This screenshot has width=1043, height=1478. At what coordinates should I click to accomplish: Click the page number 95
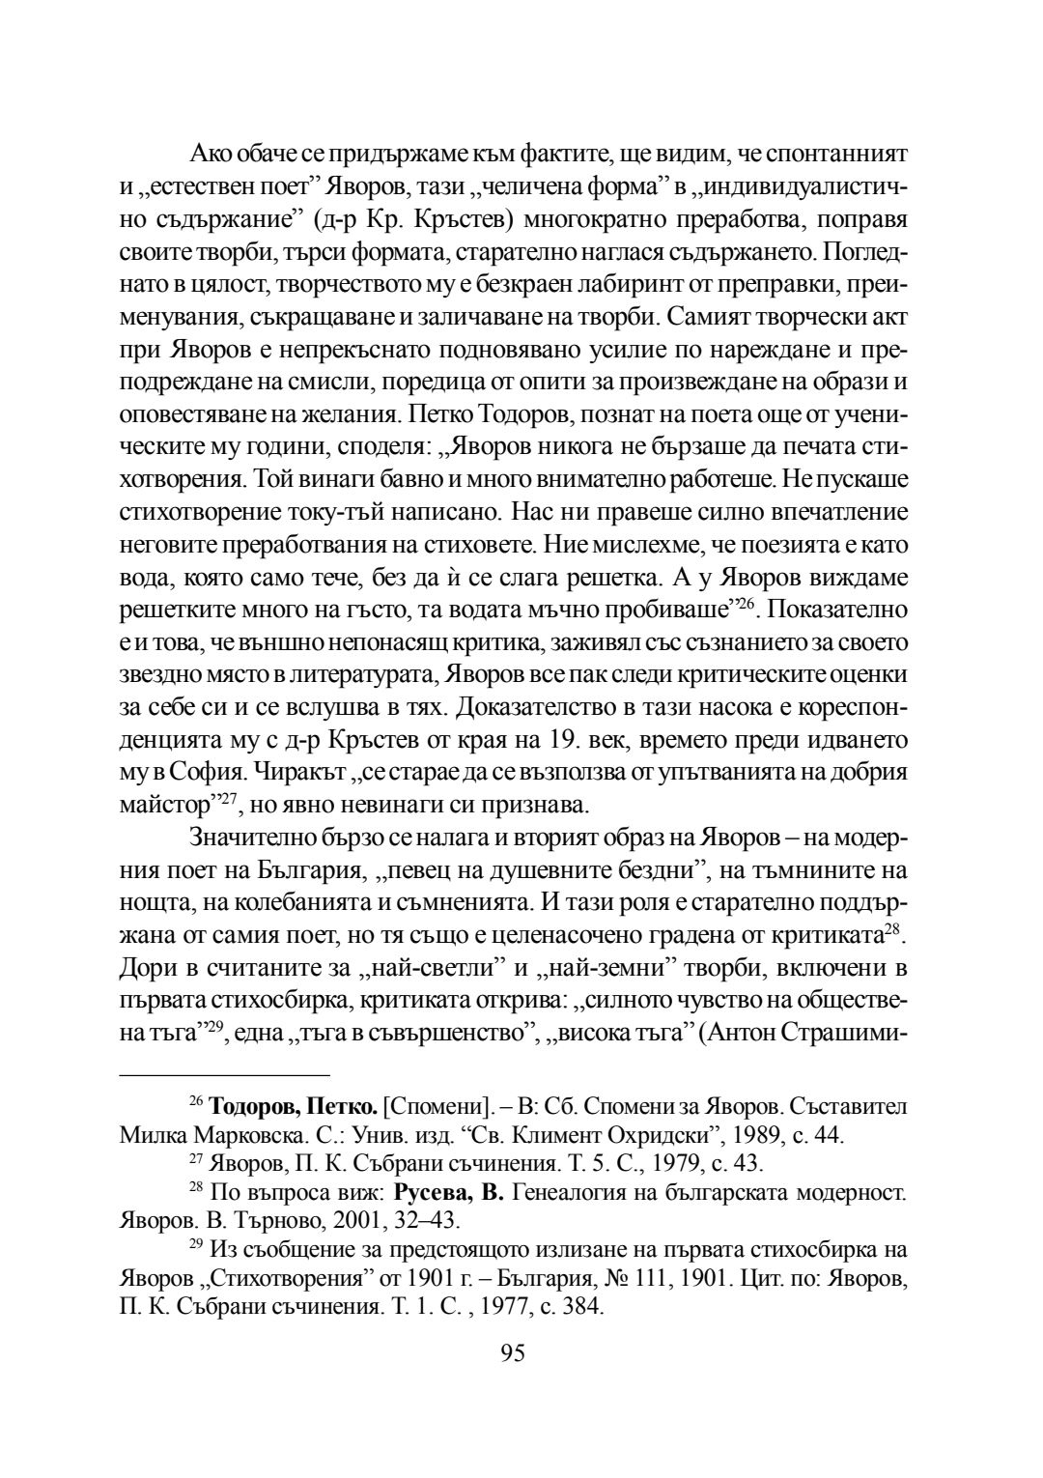(x=513, y=1353)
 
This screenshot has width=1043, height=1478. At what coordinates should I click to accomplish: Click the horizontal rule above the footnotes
(x=224, y=1074)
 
